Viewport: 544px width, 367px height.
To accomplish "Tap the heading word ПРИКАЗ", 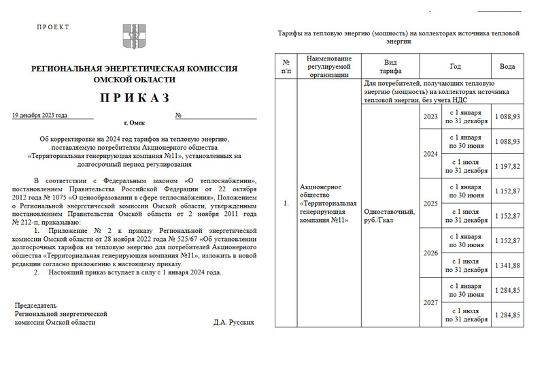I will coord(134,97).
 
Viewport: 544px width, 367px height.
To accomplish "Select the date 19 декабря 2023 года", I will coord(40,115).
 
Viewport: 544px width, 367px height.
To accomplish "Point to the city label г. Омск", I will coord(135,124).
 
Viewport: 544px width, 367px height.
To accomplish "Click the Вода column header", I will coord(507,67).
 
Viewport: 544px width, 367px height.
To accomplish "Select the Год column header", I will coord(455,67).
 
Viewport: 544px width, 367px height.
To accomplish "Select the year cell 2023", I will coord(430,116).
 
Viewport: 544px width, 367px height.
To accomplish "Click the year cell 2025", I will coord(430,203).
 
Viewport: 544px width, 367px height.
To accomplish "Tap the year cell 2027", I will coord(430,302).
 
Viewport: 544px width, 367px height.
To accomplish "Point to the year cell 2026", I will coord(430,253).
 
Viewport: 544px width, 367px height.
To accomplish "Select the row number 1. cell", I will coord(286,203).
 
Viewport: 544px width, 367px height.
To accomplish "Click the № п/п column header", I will coord(286,66).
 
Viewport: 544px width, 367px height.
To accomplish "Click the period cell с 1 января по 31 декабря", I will coord(466,116).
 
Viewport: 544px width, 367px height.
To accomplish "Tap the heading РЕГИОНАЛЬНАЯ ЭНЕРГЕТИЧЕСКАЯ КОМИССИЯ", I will coord(134,69).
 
